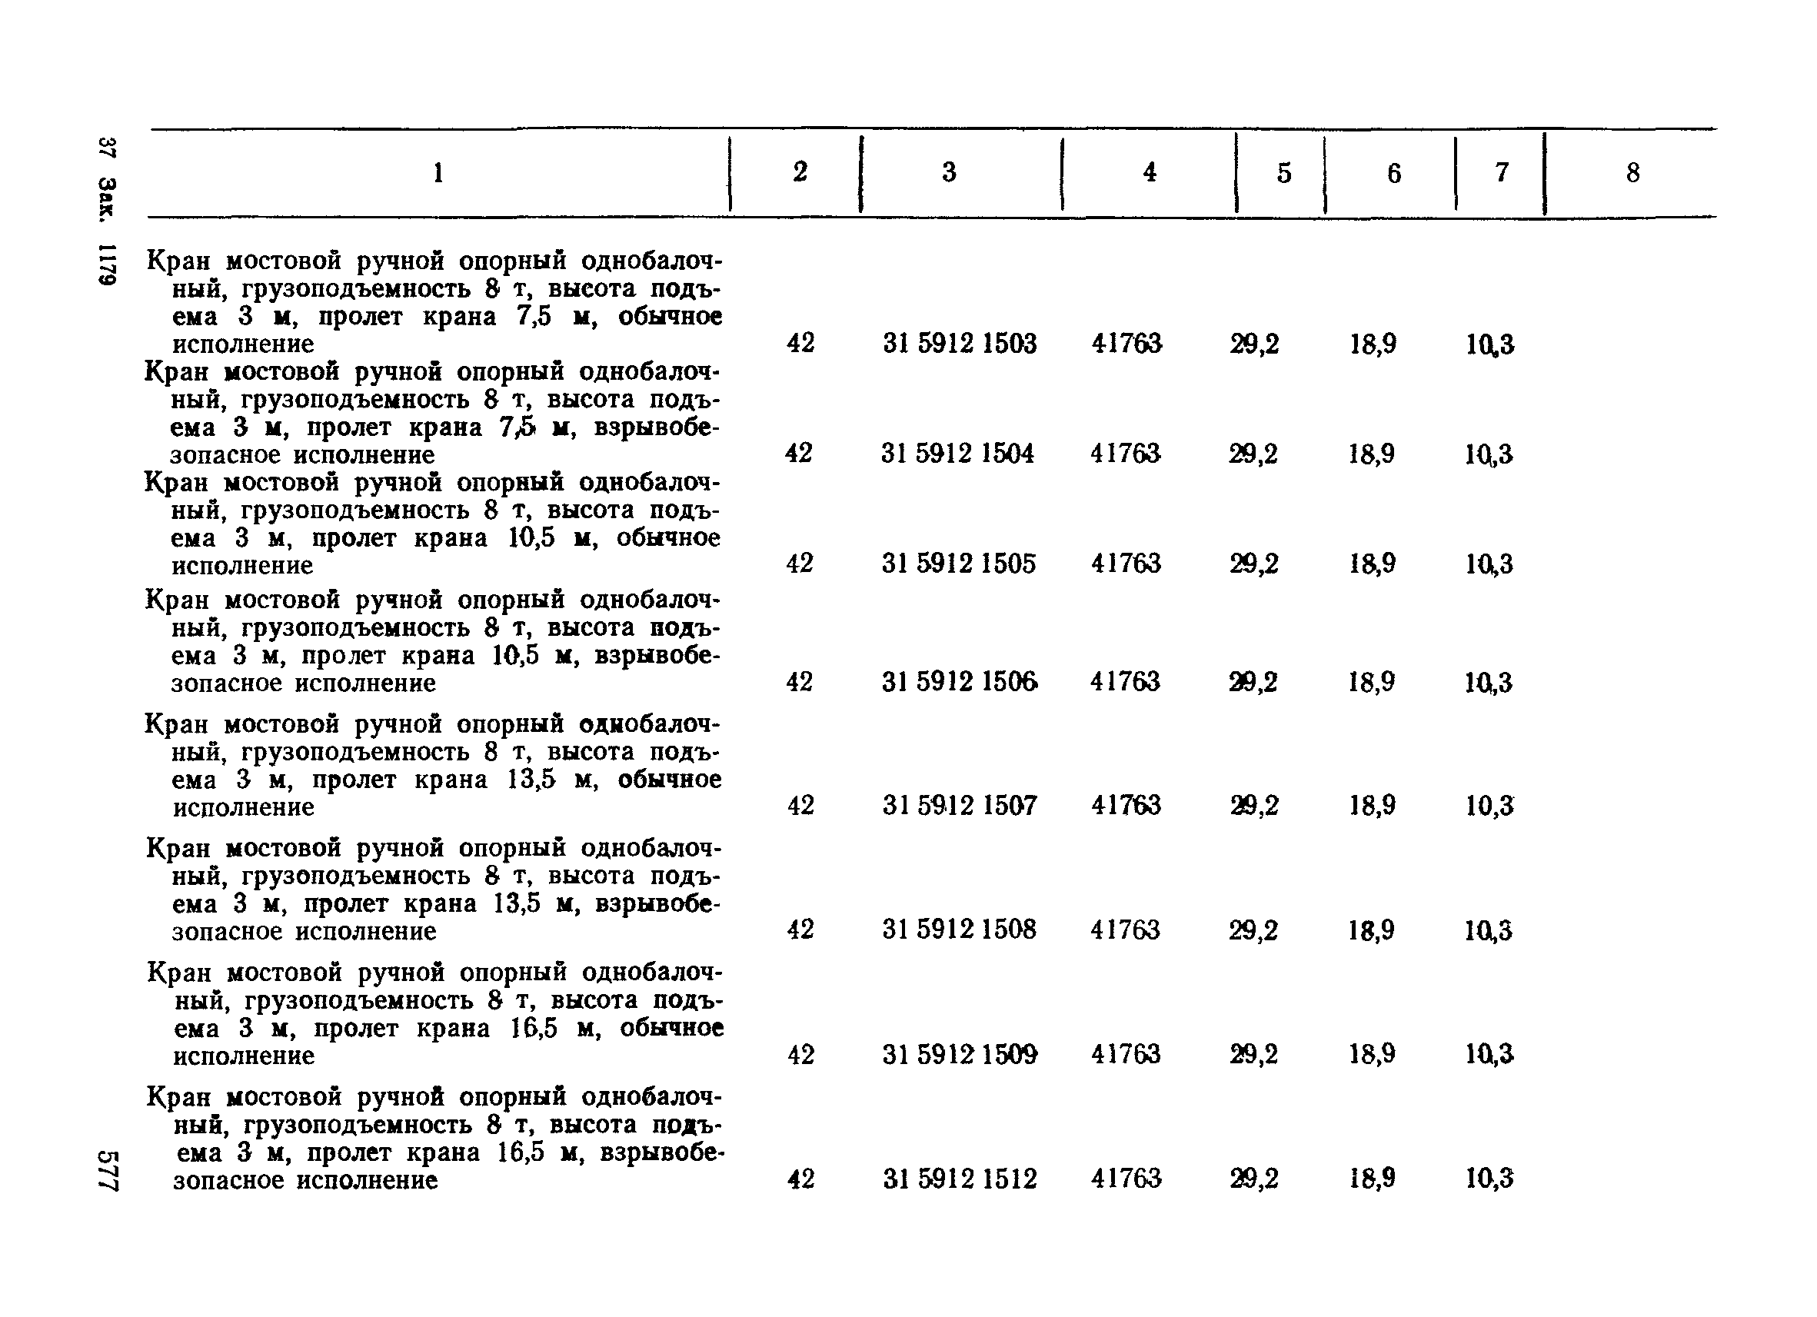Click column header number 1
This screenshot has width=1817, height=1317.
[438, 173]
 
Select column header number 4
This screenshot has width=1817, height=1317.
[1150, 172]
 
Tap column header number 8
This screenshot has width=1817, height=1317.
[1632, 173]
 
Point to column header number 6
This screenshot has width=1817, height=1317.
[1394, 174]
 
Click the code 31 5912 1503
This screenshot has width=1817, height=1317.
[960, 344]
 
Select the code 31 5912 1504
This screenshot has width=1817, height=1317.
[958, 454]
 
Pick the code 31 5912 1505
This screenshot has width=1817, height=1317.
[959, 564]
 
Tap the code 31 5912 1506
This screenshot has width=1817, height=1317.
[960, 682]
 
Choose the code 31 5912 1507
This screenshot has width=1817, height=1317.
[960, 805]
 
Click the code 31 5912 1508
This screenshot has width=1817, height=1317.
[959, 930]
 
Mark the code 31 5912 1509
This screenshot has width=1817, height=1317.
[960, 1054]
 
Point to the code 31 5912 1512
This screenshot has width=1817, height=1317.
[960, 1179]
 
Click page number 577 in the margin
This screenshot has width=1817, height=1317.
[108, 1170]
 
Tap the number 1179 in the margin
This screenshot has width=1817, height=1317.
[108, 264]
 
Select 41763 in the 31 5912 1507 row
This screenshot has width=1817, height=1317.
[1126, 805]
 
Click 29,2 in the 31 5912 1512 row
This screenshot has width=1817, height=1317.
[1255, 1179]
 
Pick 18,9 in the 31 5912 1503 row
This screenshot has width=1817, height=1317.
[1373, 344]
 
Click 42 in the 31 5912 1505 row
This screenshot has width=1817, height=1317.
[800, 564]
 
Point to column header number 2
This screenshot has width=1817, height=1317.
[800, 171]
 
